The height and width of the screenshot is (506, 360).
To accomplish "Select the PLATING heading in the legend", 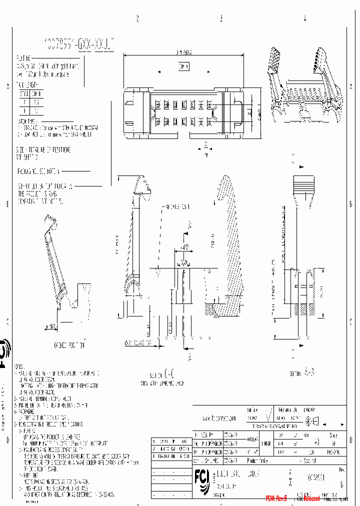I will coord(24,58).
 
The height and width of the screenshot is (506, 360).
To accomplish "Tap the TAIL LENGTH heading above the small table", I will coord(27,84).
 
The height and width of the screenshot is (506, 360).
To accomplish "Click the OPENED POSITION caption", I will coord(69,345).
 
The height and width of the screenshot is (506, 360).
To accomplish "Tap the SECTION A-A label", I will coord(302,372).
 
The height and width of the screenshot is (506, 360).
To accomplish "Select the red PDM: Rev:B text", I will coord(276,498).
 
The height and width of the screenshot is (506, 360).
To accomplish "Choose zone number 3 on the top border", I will coord(221,18).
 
